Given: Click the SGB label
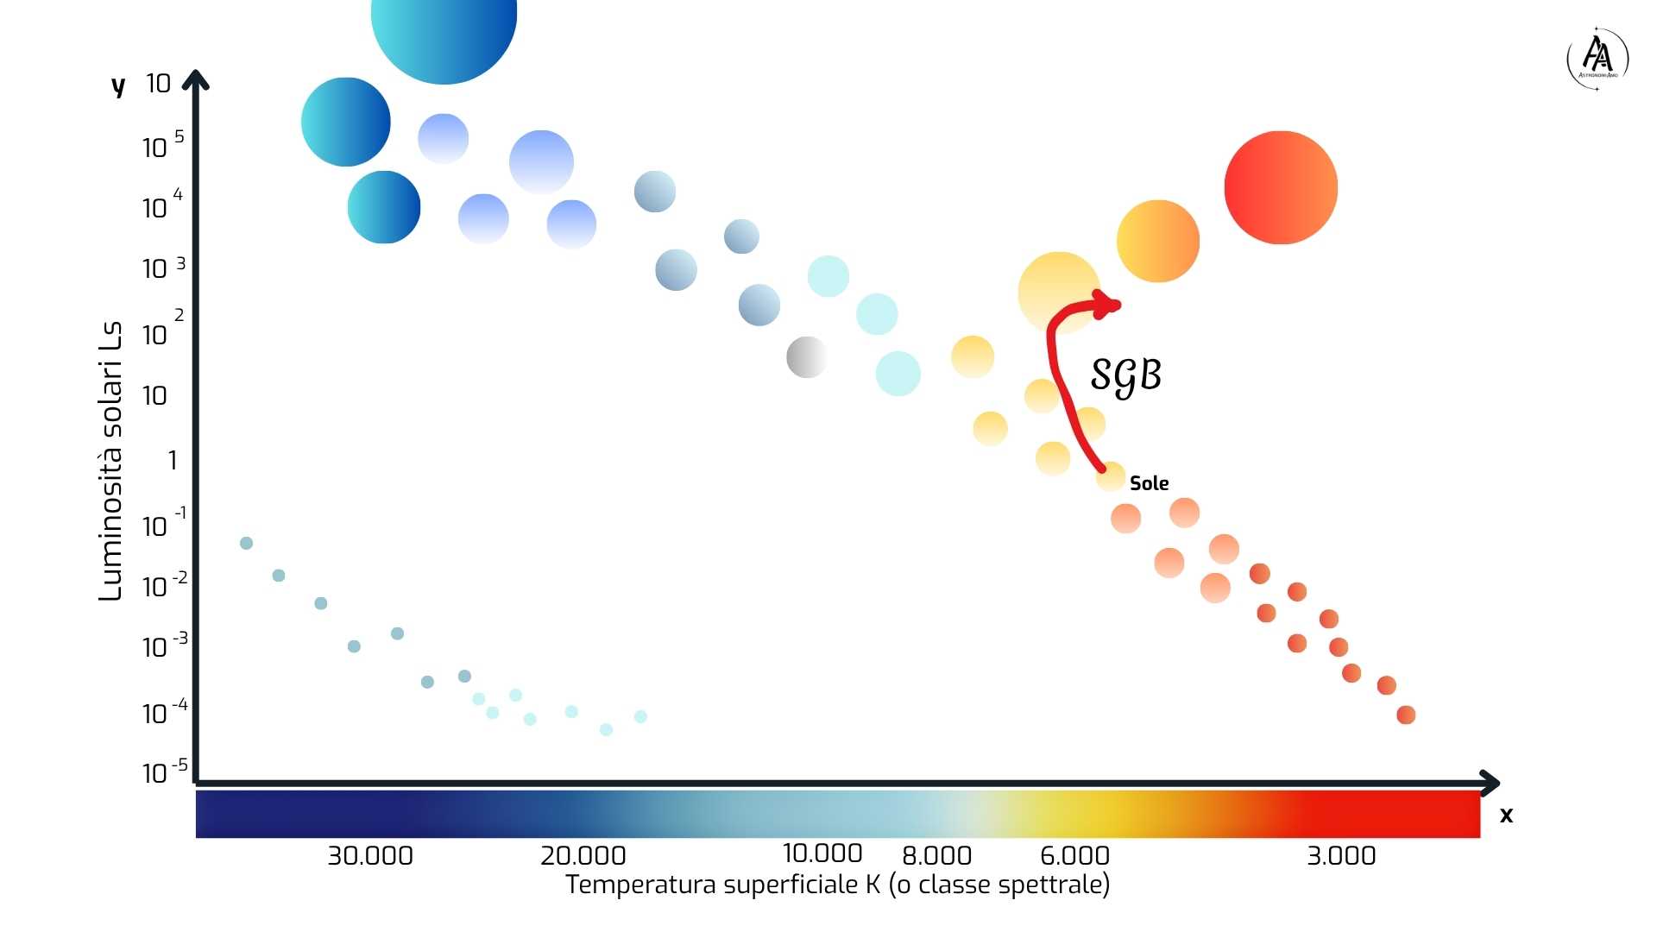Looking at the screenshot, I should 1125,375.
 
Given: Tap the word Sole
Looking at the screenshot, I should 1149,483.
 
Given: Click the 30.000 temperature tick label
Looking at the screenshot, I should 369,856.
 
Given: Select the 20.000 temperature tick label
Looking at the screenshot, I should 583,856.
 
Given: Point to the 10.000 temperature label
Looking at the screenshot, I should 822,853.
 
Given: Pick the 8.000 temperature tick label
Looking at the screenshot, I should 936,856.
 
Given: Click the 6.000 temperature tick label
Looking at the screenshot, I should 1074,856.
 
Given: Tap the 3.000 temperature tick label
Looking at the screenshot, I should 1340,856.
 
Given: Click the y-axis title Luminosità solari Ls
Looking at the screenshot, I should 110,461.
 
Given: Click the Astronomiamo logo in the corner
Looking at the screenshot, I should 1597,59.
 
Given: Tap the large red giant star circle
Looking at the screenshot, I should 1281,187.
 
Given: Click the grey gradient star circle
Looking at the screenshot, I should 806,357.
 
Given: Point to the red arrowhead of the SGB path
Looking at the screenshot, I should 1108,304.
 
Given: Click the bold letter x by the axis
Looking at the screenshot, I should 1506,815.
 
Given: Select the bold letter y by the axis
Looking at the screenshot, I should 118,85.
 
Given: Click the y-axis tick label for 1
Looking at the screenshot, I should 173,460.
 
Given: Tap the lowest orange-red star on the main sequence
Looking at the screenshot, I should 1406,715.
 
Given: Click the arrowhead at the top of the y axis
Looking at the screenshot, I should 196,79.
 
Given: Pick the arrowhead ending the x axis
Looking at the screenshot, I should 1490,783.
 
